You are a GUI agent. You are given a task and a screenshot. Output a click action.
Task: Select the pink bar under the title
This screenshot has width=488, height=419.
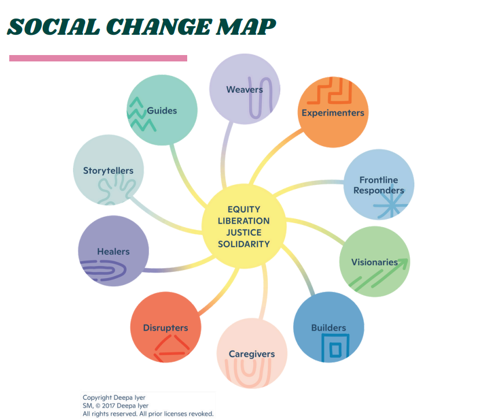[x=98, y=58]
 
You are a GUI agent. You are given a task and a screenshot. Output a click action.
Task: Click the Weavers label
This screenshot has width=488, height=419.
[x=244, y=89]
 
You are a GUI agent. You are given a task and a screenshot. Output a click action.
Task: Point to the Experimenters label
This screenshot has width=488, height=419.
[x=333, y=112]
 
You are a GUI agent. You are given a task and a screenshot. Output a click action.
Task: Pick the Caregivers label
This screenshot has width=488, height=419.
[x=252, y=354]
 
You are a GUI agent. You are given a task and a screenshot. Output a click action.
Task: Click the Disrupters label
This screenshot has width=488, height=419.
[x=165, y=327]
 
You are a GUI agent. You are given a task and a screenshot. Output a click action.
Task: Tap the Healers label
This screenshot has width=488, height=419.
[x=113, y=252]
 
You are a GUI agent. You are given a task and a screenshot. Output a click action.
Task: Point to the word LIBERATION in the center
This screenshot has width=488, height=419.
[x=243, y=221]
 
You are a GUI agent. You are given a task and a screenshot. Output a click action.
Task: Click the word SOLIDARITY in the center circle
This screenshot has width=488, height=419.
[x=243, y=244]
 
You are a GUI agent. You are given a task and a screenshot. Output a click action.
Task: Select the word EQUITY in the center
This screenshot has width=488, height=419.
[x=243, y=209]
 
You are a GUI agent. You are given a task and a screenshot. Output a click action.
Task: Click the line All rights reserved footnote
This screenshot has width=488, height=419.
[x=148, y=414]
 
